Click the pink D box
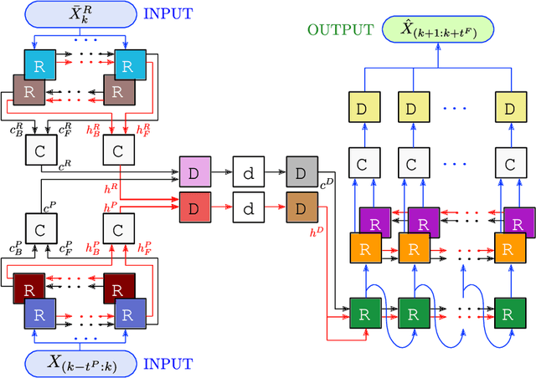point(193,171)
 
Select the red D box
point(193,204)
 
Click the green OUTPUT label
point(340,31)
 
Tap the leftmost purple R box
point(374,221)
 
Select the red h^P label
point(111,206)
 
